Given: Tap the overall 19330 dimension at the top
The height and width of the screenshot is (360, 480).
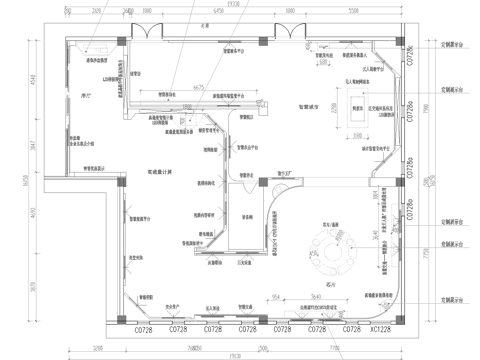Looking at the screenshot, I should [x=232, y=5].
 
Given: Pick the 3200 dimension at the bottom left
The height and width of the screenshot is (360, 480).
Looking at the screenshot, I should [x=97, y=348].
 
